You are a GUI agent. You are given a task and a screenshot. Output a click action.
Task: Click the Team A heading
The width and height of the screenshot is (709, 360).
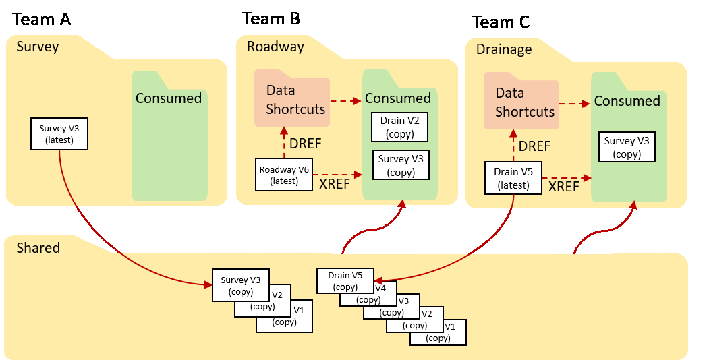pos(42,19)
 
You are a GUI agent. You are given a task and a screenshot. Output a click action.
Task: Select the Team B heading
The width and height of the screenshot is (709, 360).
pos(271,18)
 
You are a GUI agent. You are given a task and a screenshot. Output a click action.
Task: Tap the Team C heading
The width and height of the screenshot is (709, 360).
pos(501,22)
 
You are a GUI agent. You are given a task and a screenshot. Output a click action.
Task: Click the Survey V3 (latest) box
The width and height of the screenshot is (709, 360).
pos(59,133)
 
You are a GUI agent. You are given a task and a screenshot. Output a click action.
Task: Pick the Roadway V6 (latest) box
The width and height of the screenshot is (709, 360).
pos(284,175)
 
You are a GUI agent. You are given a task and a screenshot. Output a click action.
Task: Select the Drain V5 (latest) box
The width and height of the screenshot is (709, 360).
pos(513,178)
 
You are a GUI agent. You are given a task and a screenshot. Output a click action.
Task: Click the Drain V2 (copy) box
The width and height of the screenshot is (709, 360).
pos(400,126)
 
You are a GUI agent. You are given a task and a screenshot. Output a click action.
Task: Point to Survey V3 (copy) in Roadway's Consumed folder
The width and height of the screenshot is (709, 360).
pos(401,165)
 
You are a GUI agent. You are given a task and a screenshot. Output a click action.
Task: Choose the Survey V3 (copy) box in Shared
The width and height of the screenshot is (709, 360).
pos(241,285)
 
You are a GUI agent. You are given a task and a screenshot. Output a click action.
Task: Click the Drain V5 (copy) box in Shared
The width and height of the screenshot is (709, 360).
pos(345,281)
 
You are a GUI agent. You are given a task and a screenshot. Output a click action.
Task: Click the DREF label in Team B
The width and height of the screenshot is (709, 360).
pos(306,143)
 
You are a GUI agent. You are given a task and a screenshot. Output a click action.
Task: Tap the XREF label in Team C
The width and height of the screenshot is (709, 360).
pos(563,187)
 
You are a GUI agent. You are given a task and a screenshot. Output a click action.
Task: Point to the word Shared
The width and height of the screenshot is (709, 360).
pos(38,247)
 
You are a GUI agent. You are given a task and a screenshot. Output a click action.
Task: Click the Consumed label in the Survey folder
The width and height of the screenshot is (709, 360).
pos(169,98)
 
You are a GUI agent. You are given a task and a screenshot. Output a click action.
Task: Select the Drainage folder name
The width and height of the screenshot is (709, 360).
pos(504,49)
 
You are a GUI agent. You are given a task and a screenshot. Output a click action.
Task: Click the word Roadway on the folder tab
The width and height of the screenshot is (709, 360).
pos(275,47)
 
